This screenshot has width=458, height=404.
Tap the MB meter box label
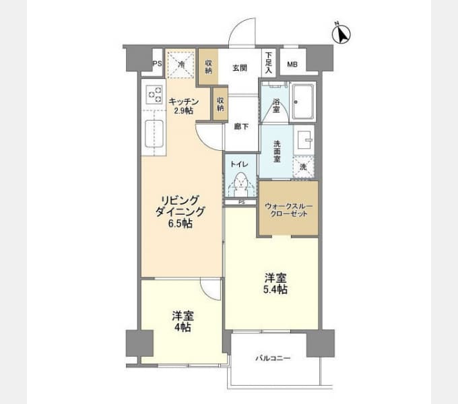pyautogui.click(x=292, y=65)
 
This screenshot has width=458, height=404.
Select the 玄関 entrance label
pyautogui.click(x=240, y=68)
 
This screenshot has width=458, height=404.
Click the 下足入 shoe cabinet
pyautogui.click(x=269, y=63)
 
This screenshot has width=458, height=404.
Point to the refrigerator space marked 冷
pyautogui.click(x=181, y=64)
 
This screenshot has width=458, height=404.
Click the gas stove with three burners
pyautogui.click(x=154, y=94)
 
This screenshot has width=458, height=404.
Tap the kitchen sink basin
pyautogui.click(x=154, y=134)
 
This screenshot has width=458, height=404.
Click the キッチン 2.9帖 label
pyautogui.click(x=183, y=106)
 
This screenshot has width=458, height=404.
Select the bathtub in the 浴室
pyautogui.click(x=303, y=102)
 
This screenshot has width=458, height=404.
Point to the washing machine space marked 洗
pyautogui.click(x=304, y=167)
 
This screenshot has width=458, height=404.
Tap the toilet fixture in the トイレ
pyautogui.click(x=240, y=184)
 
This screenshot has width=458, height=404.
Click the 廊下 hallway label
pyautogui.click(x=241, y=127)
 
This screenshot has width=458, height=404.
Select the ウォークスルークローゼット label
pyautogui.click(x=288, y=209)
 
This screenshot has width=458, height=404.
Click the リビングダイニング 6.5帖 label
pyautogui.click(x=181, y=211)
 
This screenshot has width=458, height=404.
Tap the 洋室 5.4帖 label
pyautogui.click(x=275, y=283)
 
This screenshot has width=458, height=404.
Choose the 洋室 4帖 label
pyautogui.click(x=183, y=322)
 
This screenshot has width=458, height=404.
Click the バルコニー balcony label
pyautogui.click(x=273, y=358)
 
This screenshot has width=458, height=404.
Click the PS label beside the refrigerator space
pyautogui.click(x=157, y=63)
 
